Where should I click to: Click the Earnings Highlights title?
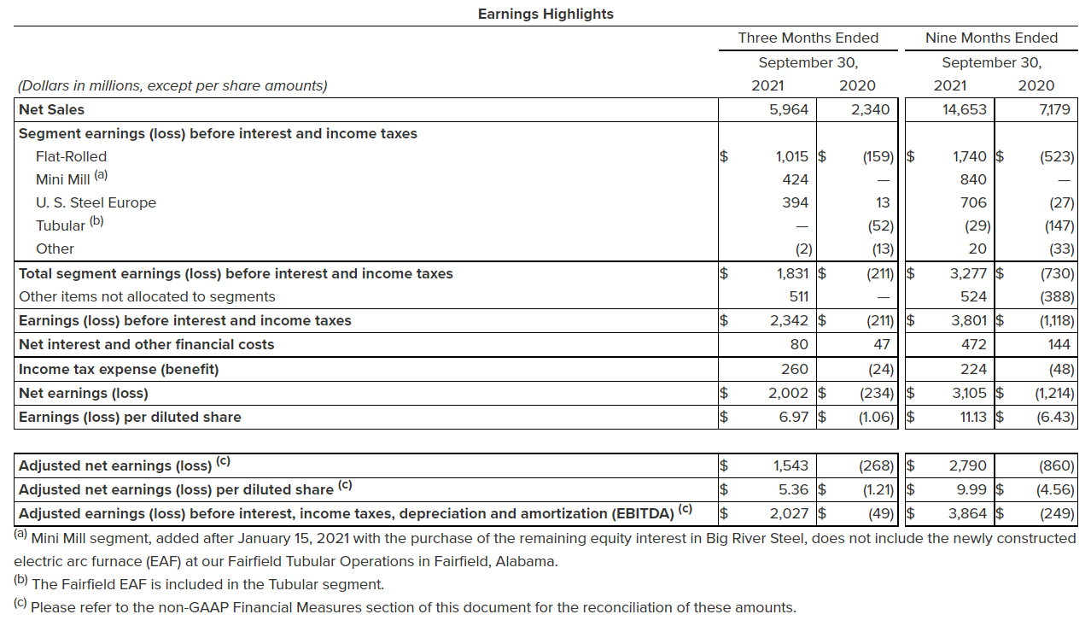coord(545,14)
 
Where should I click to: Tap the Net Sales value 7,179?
coord(1055,109)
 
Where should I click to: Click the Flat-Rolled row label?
coord(71,156)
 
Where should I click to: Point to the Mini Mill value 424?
coord(795,179)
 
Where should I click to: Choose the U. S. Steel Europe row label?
coord(96,202)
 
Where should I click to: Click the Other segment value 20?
coord(977,249)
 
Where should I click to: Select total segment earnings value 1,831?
coord(790,273)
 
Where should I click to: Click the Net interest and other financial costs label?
coord(147,344)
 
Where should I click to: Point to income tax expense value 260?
coord(795,369)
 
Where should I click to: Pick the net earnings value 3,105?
coord(968,393)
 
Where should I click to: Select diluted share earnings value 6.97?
coord(794,417)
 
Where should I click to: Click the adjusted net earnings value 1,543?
coord(790,465)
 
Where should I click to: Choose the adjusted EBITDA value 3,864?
coord(968,513)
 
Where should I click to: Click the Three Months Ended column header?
coord(808,38)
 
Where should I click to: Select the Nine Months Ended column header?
coord(991,38)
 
